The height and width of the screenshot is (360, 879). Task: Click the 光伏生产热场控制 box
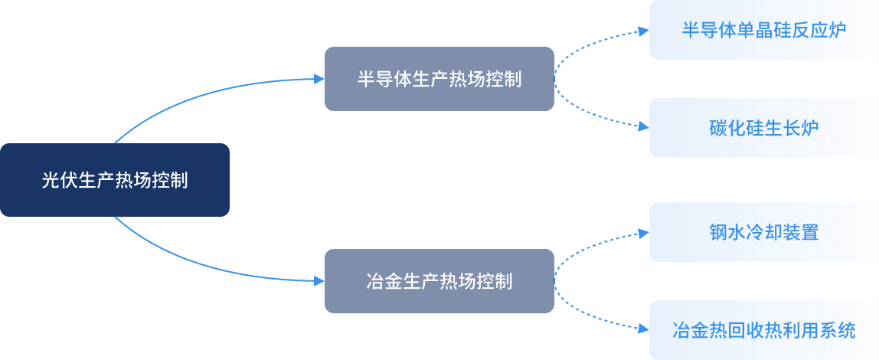pos(115,180)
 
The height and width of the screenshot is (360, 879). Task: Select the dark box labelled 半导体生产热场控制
pos(439,79)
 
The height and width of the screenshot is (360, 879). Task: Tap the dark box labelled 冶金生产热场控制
pos(439,281)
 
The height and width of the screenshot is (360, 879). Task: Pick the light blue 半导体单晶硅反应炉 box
pos(763,30)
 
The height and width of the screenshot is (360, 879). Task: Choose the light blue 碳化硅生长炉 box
pos(763,128)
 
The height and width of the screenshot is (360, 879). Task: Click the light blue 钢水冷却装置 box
pos(763,232)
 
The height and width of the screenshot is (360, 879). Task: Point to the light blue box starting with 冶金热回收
pos(763,330)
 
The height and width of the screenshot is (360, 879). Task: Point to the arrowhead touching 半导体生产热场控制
pos(319,79)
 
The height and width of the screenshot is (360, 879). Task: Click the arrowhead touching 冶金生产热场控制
pos(319,281)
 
